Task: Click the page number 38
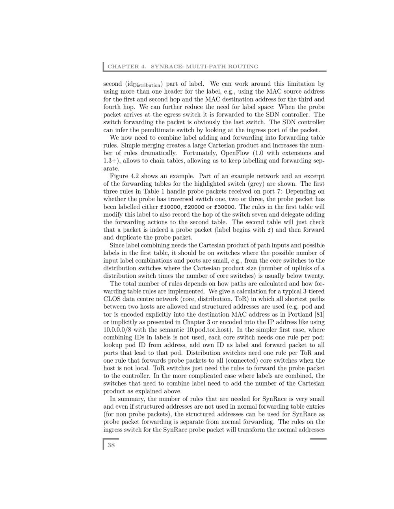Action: click(x=111, y=445)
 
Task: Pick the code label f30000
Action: click(x=224, y=207)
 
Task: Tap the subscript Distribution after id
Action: click(x=147, y=85)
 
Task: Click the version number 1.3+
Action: click(x=111, y=161)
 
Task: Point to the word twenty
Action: click(x=314, y=276)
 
